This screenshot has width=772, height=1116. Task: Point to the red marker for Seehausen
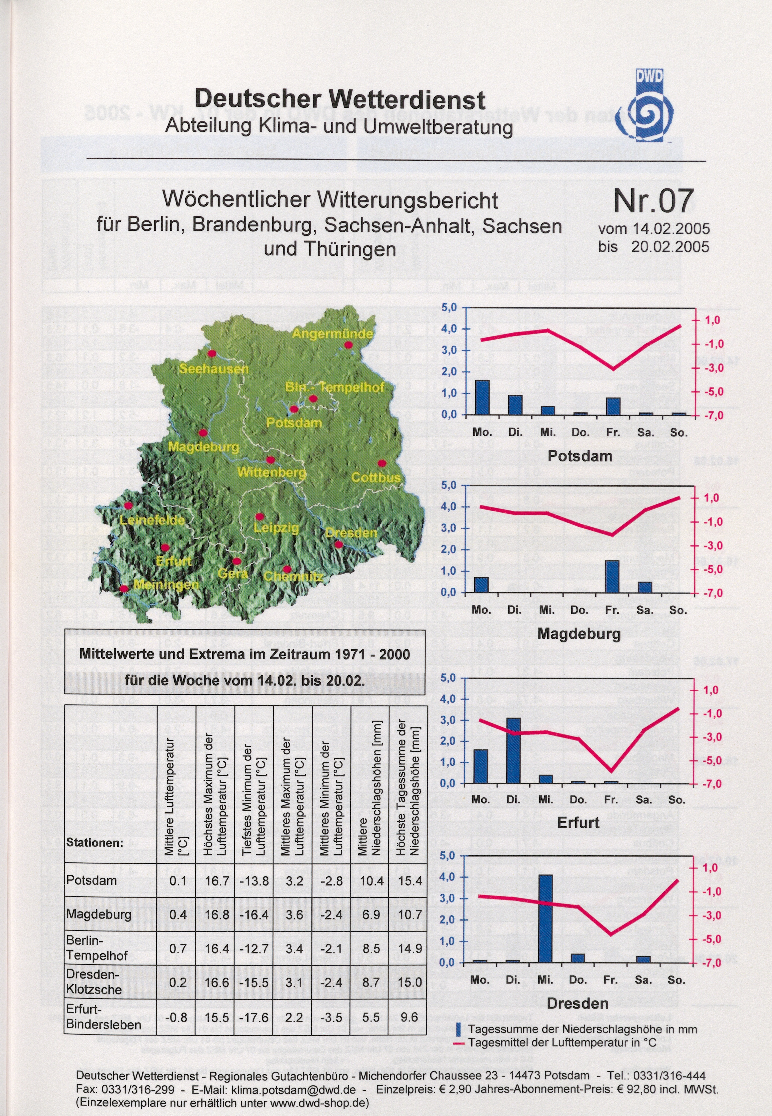click(211, 353)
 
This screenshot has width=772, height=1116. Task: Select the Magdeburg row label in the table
click(99, 914)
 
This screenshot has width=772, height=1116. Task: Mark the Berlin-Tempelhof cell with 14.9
click(410, 948)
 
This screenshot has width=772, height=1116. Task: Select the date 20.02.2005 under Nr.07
click(670, 247)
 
